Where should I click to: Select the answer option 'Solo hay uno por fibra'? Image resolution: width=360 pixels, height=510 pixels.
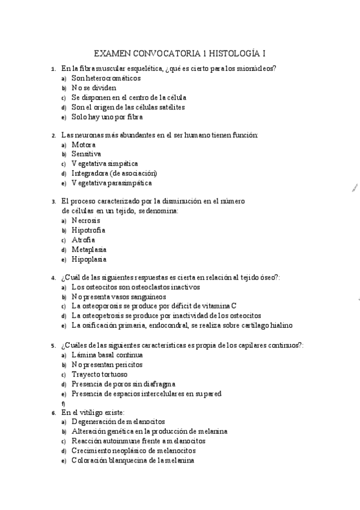[106, 117]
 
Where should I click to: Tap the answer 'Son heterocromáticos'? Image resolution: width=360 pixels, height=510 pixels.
[106, 78]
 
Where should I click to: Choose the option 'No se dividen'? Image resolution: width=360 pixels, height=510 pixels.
[94, 87]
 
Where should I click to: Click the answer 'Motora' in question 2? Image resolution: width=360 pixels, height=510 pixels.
[84, 144]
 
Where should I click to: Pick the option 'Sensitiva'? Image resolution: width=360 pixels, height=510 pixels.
[86, 154]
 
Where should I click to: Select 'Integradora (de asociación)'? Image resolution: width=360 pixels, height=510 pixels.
[114, 173]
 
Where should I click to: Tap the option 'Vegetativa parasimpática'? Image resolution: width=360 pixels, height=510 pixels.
[111, 183]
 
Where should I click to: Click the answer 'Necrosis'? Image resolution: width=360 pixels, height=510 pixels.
[86, 221]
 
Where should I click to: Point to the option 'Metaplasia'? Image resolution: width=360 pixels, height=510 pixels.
[89, 250]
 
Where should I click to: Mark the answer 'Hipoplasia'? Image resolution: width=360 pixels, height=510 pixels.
[89, 259]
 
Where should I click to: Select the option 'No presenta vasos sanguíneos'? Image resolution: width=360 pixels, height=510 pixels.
[127, 296]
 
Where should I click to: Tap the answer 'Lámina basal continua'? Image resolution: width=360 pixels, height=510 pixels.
[107, 355]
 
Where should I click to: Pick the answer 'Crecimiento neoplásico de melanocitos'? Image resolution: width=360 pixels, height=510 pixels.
[133, 450]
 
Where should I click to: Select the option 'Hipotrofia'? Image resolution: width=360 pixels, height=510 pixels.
[88, 230]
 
